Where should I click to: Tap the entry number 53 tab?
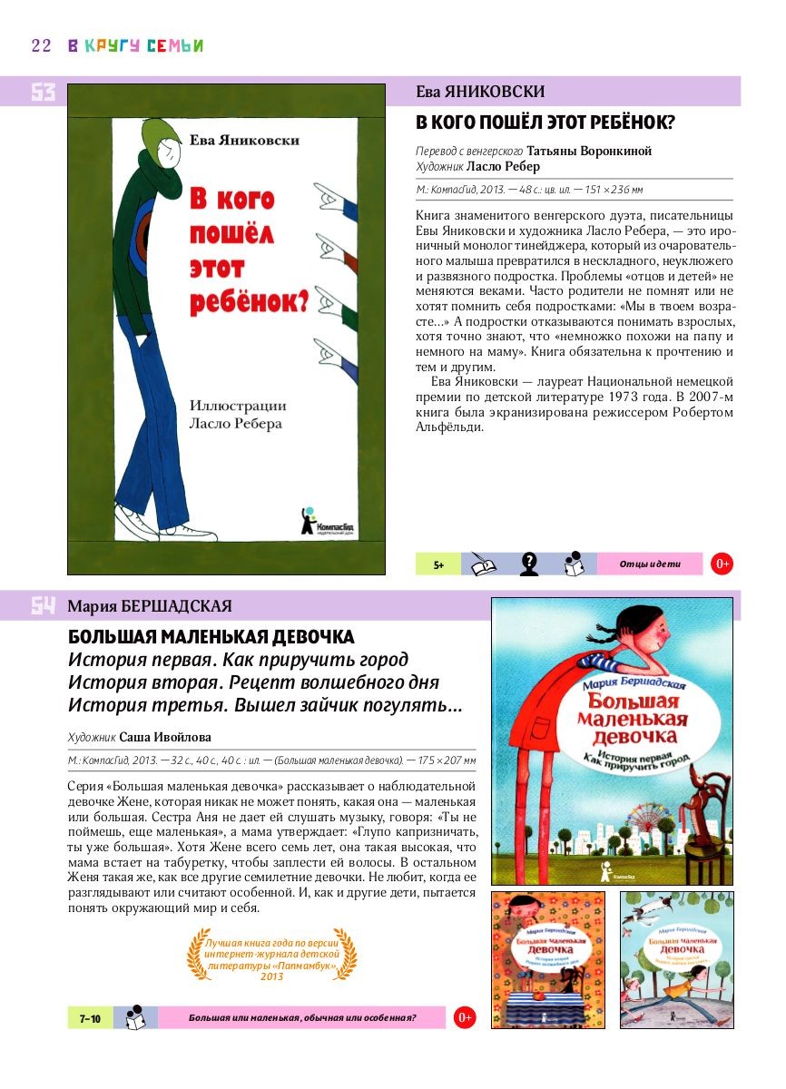[43, 92]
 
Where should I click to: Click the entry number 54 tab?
[43, 606]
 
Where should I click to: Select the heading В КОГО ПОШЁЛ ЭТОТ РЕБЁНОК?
[551, 123]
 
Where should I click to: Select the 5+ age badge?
[438, 564]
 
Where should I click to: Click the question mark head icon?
[529, 564]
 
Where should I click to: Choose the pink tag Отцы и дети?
[649, 564]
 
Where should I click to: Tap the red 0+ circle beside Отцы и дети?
[722, 564]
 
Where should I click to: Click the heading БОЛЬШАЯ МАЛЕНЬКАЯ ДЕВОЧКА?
[211, 636]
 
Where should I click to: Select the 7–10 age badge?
[90, 1018]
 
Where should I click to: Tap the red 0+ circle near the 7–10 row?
[465, 1018]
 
